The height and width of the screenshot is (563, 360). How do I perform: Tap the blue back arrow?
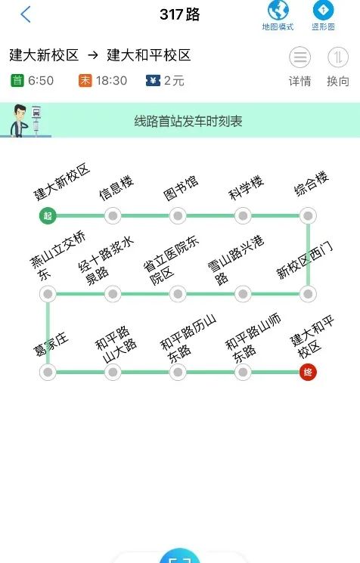pyautogui.click(x=26, y=14)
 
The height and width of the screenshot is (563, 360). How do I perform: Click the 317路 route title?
pyautogui.click(x=180, y=14)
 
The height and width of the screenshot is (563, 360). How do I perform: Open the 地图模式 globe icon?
pyautogui.click(x=278, y=10)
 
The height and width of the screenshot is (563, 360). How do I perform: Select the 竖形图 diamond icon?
pyautogui.click(x=323, y=10)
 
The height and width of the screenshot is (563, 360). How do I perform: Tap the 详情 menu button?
pyautogui.click(x=299, y=57)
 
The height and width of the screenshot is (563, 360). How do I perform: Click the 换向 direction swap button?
pyautogui.click(x=338, y=57)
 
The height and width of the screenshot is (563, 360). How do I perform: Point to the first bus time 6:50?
pyautogui.click(x=41, y=80)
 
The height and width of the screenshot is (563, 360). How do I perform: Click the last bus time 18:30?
pyautogui.click(x=111, y=80)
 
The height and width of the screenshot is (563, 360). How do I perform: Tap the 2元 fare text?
pyautogui.click(x=174, y=80)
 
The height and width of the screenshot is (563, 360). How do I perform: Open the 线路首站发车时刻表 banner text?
pyautogui.click(x=188, y=121)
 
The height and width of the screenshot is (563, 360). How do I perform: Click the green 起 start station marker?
pyautogui.click(x=48, y=216)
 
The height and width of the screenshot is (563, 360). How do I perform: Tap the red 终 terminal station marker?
pyautogui.click(x=308, y=372)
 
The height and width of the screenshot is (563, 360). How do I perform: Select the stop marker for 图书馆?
pyautogui.click(x=178, y=216)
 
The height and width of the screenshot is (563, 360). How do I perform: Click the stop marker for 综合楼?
pyautogui.click(x=308, y=216)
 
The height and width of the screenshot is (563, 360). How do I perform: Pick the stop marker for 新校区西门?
pyautogui.click(x=308, y=294)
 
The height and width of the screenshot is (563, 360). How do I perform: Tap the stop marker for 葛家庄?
pyautogui.click(x=48, y=372)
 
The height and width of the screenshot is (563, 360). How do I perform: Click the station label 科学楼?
pyautogui.click(x=247, y=187)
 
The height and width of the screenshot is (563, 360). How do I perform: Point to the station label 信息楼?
pyautogui.click(x=116, y=187)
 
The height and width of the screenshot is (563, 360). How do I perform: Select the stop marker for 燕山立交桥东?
pyautogui.click(x=48, y=294)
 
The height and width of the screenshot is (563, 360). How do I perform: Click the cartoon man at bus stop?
pyautogui.click(x=19, y=121)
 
